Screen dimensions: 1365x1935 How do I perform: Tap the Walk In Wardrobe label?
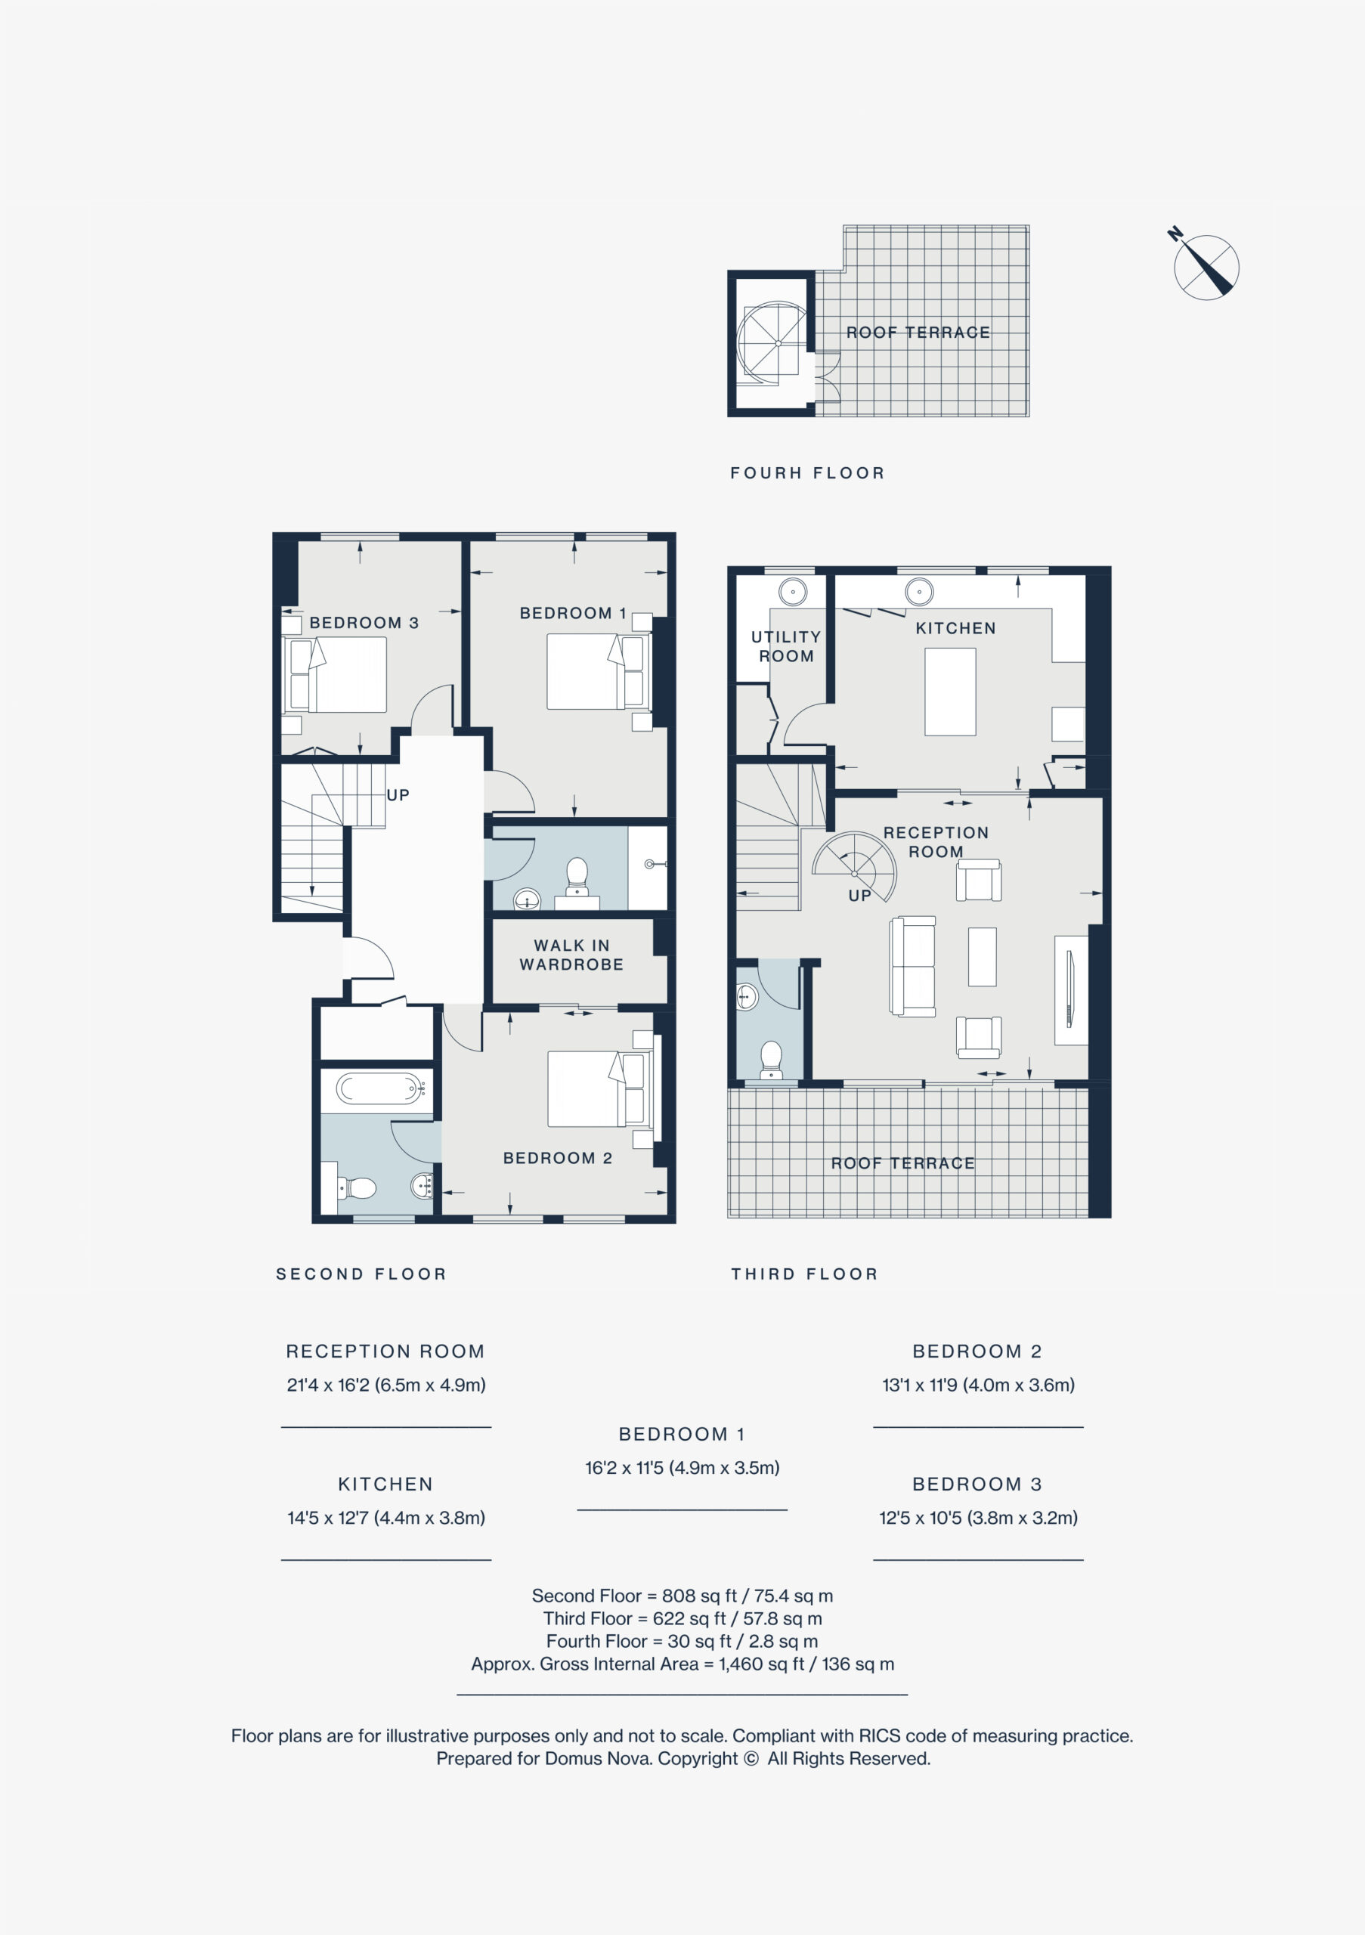[571, 955]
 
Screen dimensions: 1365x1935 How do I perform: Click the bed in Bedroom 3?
[337, 674]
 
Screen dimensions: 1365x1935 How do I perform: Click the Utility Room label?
[786, 646]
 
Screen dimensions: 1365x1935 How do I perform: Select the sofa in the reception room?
[912, 966]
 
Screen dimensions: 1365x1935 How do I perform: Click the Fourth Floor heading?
[807, 473]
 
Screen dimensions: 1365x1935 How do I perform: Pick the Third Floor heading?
[805, 1274]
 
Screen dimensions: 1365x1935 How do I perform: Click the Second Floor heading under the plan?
[361, 1274]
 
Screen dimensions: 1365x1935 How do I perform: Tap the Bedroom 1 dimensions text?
[682, 1467]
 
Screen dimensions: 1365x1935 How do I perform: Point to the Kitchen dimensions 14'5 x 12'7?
[386, 1518]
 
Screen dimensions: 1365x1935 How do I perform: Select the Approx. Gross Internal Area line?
[682, 1664]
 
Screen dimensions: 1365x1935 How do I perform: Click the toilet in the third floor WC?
[771, 1060]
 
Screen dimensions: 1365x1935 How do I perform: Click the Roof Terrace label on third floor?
[902, 1163]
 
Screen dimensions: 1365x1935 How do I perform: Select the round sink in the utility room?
[793, 592]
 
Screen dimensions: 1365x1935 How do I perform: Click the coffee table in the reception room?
[982, 957]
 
